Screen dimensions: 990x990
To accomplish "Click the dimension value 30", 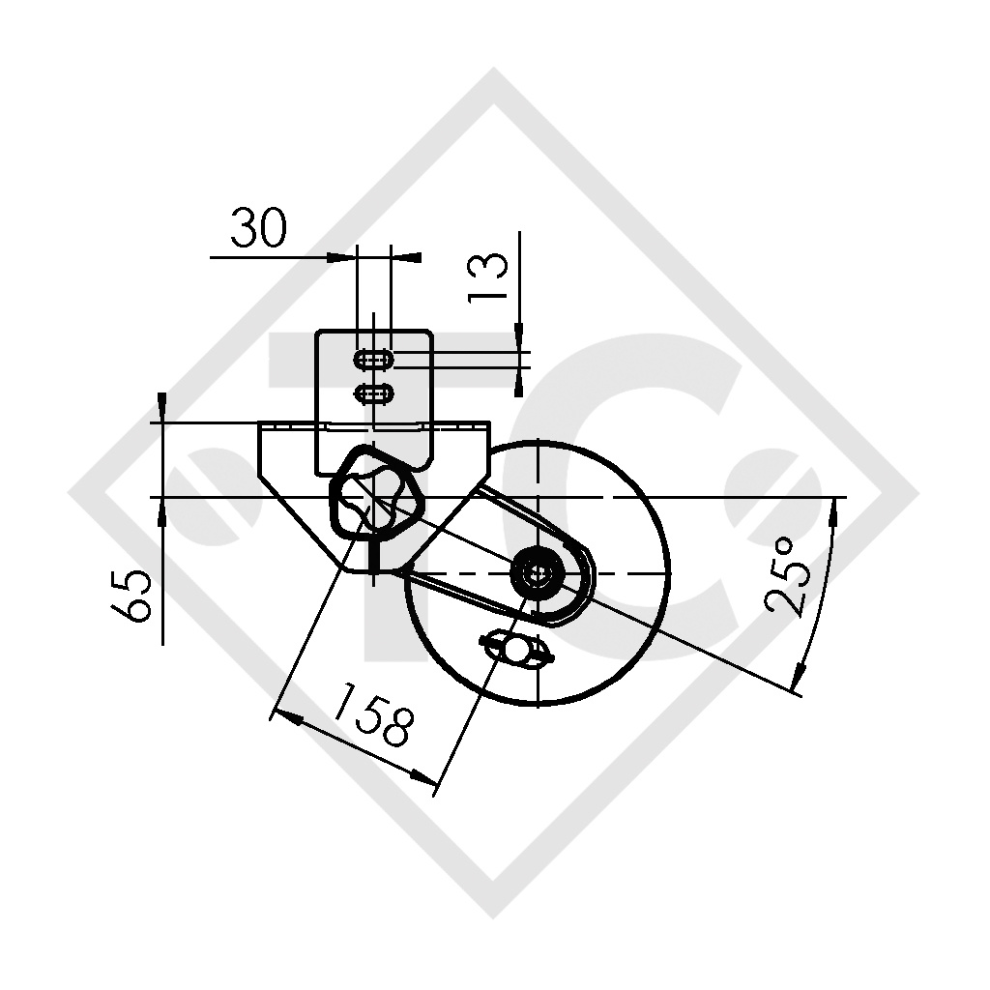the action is click(x=258, y=227).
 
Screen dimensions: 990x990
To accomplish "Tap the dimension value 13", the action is click(x=488, y=277).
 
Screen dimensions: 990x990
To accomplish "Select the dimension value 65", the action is click(x=131, y=596).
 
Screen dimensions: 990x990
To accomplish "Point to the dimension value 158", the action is click(x=374, y=713).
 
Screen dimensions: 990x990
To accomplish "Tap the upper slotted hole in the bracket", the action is click(x=374, y=359).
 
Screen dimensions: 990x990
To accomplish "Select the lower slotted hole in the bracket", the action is click(x=374, y=394).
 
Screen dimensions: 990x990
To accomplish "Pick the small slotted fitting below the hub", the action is click(x=517, y=648).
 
